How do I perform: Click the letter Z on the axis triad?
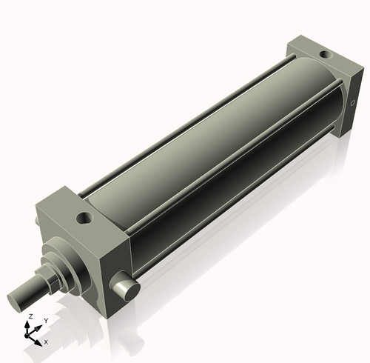[x=30, y=316]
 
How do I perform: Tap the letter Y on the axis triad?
[x=45, y=320]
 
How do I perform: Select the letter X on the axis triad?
[x=46, y=342]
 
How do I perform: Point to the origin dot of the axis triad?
[x=30, y=333]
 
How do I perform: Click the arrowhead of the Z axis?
[x=30, y=322]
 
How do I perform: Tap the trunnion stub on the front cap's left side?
[x=37, y=222]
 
